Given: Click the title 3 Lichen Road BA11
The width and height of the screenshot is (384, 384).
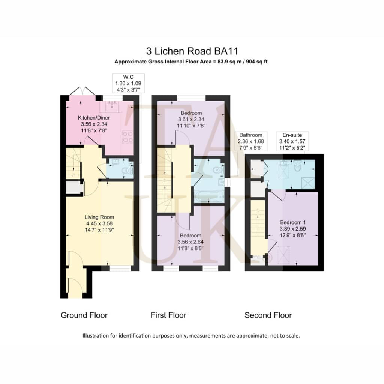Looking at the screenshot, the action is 192,51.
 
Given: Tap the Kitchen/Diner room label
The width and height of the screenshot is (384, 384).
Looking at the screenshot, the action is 94,118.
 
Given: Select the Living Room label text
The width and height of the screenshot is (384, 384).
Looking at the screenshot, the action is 99,217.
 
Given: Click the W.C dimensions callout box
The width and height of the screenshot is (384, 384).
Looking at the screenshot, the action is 128,83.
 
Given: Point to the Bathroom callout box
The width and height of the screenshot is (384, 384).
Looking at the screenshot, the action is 251,141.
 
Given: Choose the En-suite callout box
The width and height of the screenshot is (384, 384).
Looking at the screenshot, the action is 292,141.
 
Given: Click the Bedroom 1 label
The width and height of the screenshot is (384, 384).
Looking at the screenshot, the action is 293,223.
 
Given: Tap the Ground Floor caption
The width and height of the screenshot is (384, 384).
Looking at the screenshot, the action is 84,315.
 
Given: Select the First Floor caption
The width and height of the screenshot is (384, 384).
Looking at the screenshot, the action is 168,315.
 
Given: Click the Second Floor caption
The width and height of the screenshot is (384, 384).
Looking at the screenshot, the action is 268,315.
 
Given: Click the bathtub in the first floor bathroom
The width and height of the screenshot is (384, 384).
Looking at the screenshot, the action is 208,196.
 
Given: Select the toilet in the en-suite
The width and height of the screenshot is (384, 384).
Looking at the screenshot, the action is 297,166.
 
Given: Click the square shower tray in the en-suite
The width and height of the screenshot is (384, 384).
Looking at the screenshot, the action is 308,183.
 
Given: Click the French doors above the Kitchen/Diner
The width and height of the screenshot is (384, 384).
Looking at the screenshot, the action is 82,91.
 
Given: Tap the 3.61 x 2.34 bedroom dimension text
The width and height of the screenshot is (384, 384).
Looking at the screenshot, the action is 191,120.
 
